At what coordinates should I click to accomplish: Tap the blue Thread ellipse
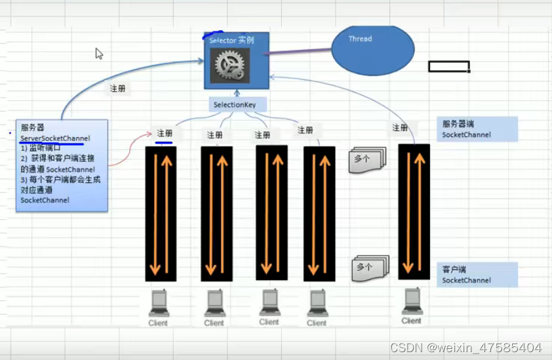pos(373,50)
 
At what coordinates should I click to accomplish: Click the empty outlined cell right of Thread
pos(448,66)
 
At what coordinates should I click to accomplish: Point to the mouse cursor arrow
pos(99,54)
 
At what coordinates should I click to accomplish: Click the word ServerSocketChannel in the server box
pos(55,138)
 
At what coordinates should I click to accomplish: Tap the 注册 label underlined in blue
pos(164,134)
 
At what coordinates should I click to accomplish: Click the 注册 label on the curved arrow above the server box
pos(117,89)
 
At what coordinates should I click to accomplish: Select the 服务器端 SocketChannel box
pos(477,129)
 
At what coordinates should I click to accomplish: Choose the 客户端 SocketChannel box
pos(477,275)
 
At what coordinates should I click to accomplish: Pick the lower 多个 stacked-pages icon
pos(370,268)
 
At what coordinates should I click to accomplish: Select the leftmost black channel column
pos(161,214)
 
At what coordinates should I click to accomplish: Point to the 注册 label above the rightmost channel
pos(400,128)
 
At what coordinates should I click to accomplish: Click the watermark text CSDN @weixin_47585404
pos(465,348)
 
